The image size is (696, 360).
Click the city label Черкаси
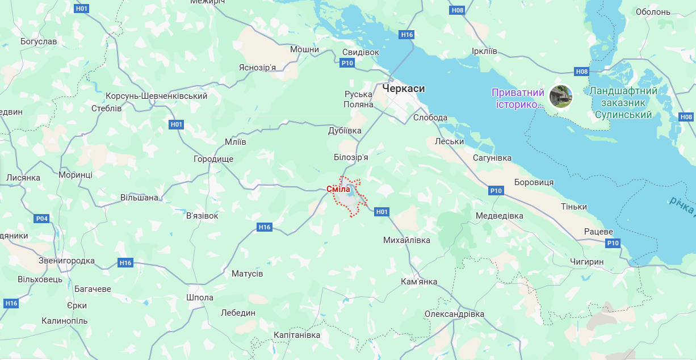pos(403,89)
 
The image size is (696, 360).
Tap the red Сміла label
pos(338,189)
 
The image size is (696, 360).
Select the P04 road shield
pos(42,218)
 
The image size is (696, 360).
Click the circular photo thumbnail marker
pos(561,97)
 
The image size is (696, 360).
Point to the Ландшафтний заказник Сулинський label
pos(623,103)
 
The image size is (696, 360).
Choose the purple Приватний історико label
pos(518,98)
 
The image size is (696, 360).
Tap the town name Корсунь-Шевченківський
pos(157,96)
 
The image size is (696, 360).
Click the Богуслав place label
pos(39,41)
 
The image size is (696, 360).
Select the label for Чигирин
pos(586,261)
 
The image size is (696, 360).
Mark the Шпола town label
pos(200,298)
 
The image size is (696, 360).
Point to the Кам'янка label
pos(419,282)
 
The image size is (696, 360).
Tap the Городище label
pos(213,159)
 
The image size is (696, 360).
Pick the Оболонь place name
pos(653,12)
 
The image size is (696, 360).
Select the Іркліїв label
pos(484,51)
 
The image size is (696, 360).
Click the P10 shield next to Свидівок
pos(348,63)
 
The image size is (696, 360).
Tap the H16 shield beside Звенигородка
pos(125,263)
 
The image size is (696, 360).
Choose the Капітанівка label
pos(297,335)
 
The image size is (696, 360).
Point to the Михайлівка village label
pos(407,240)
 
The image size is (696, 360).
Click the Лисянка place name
pos(23,177)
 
